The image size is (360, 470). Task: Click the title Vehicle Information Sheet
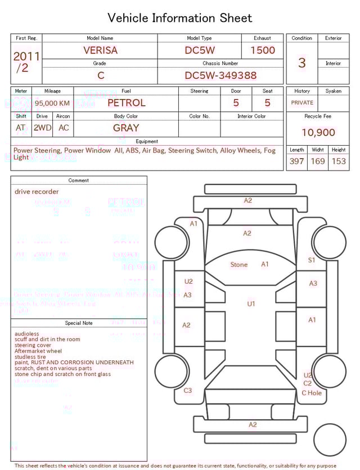pyautogui.click(x=179, y=18)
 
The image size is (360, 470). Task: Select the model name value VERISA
pyautogui.click(x=100, y=50)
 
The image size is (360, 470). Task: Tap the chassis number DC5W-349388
pyautogui.click(x=220, y=75)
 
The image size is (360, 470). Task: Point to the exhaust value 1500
pyautogui.click(x=262, y=50)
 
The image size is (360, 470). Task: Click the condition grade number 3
pyautogui.click(x=301, y=63)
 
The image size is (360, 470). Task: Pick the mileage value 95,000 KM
pyautogui.click(x=52, y=104)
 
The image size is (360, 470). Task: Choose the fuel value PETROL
pyautogui.click(x=126, y=103)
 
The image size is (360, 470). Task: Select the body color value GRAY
pyautogui.click(x=126, y=128)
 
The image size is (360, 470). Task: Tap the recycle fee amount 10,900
pyautogui.click(x=318, y=133)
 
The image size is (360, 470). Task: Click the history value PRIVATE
pyautogui.click(x=302, y=103)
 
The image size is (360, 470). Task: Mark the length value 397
pyautogui.click(x=296, y=162)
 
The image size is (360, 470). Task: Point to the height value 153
pyautogui.click(x=339, y=162)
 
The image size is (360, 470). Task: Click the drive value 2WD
pyautogui.click(x=42, y=128)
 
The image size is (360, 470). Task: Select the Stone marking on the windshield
pyautogui.click(x=239, y=265)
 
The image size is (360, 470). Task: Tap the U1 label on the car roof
pyautogui.click(x=251, y=304)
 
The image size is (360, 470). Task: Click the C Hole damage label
pyautogui.click(x=312, y=393)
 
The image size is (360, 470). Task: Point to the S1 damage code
pyautogui.click(x=312, y=260)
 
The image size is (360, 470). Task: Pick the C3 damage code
pyautogui.click(x=188, y=390)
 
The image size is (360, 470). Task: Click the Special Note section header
pyautogui.click(x=79, y=323)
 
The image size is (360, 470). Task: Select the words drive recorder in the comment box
pyautogui.click(x=37, y=192)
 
